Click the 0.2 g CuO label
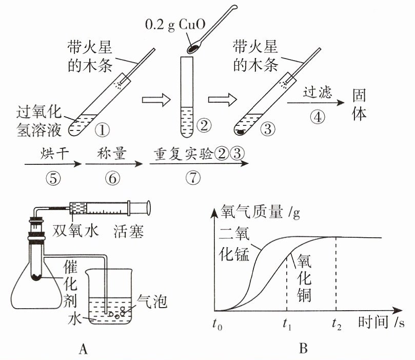[x=175, y=25]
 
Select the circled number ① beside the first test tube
[x=102, y=130]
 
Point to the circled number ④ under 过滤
[x=318, y=117]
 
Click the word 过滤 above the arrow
[x=317, y=92]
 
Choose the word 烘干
[x=54, y=154]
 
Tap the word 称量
[x=111, y=154]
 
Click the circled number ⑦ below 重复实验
[x=193, y=178]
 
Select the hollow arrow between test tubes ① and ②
[x=156, y=100]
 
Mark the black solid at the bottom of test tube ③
[x=241, y=131]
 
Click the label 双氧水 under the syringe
[x=76, y=231]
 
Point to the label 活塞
[x=129, y=231]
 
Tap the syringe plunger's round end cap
[x=148, y=207]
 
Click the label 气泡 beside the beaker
[x=152, y=301]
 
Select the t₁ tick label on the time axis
[x=287, y=324]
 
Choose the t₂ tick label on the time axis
[x=337, y=324]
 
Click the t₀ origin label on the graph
[x=218, y=324]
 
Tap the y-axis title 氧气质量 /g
[x=260, y=212]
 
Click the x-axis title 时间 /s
[x=381, y=322]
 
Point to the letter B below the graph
[x=303, y=348]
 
